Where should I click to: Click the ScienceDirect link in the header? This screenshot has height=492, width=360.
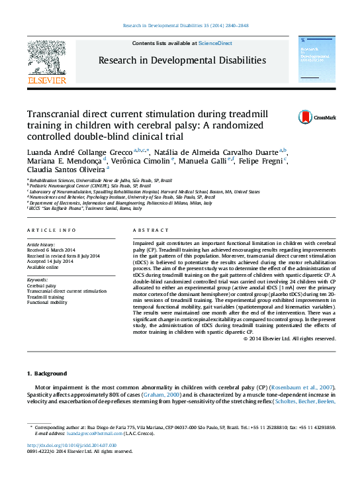click(x=216, y=43)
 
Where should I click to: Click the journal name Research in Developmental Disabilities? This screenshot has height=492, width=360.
click(x=182, y=60)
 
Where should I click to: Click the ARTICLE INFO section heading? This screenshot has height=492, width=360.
click(x=52, y=230)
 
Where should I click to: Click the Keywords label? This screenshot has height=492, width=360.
click(x=38, y=279)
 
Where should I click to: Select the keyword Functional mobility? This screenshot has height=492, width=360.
click(x=48, y=303)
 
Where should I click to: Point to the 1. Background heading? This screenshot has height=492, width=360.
click(x=47, y=373)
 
